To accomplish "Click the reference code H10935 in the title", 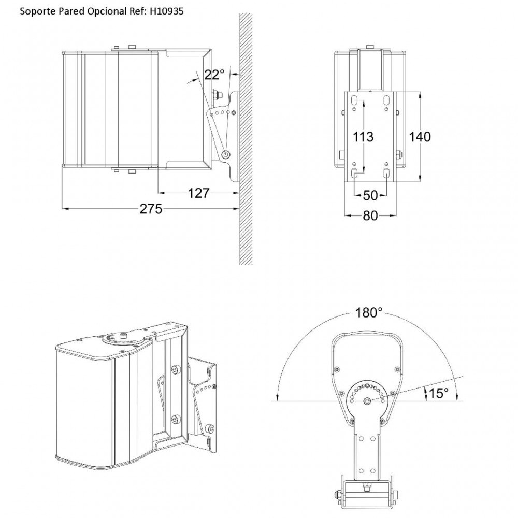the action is (166, 11).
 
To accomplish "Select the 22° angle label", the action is (214, 75).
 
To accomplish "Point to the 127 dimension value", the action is (198, 193).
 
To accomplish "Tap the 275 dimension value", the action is (151, 209).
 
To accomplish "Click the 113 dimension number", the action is (364, 136).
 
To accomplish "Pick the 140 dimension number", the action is (420, 136).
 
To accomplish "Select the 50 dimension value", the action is (370, 196).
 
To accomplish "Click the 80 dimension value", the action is (370, 215).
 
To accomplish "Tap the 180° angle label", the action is (369, 312).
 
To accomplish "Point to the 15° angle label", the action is (439, 393).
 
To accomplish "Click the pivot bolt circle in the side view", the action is (226, 154).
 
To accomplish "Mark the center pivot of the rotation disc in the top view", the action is (367, 401).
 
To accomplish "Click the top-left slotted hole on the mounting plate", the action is (354, 100).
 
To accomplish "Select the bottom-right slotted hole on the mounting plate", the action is (386, 173).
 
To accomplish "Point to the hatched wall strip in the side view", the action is (246, 139).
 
